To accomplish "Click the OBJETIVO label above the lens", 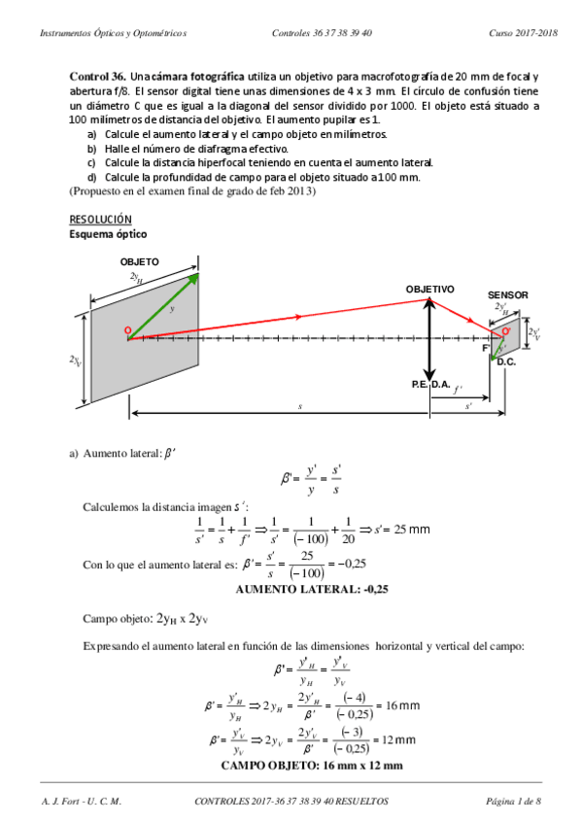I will [429, 289].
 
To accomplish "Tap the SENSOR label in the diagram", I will [507, 295].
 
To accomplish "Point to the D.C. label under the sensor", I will [506, 361].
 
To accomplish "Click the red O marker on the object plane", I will [127, 331].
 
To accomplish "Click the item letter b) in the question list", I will [92, 149].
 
